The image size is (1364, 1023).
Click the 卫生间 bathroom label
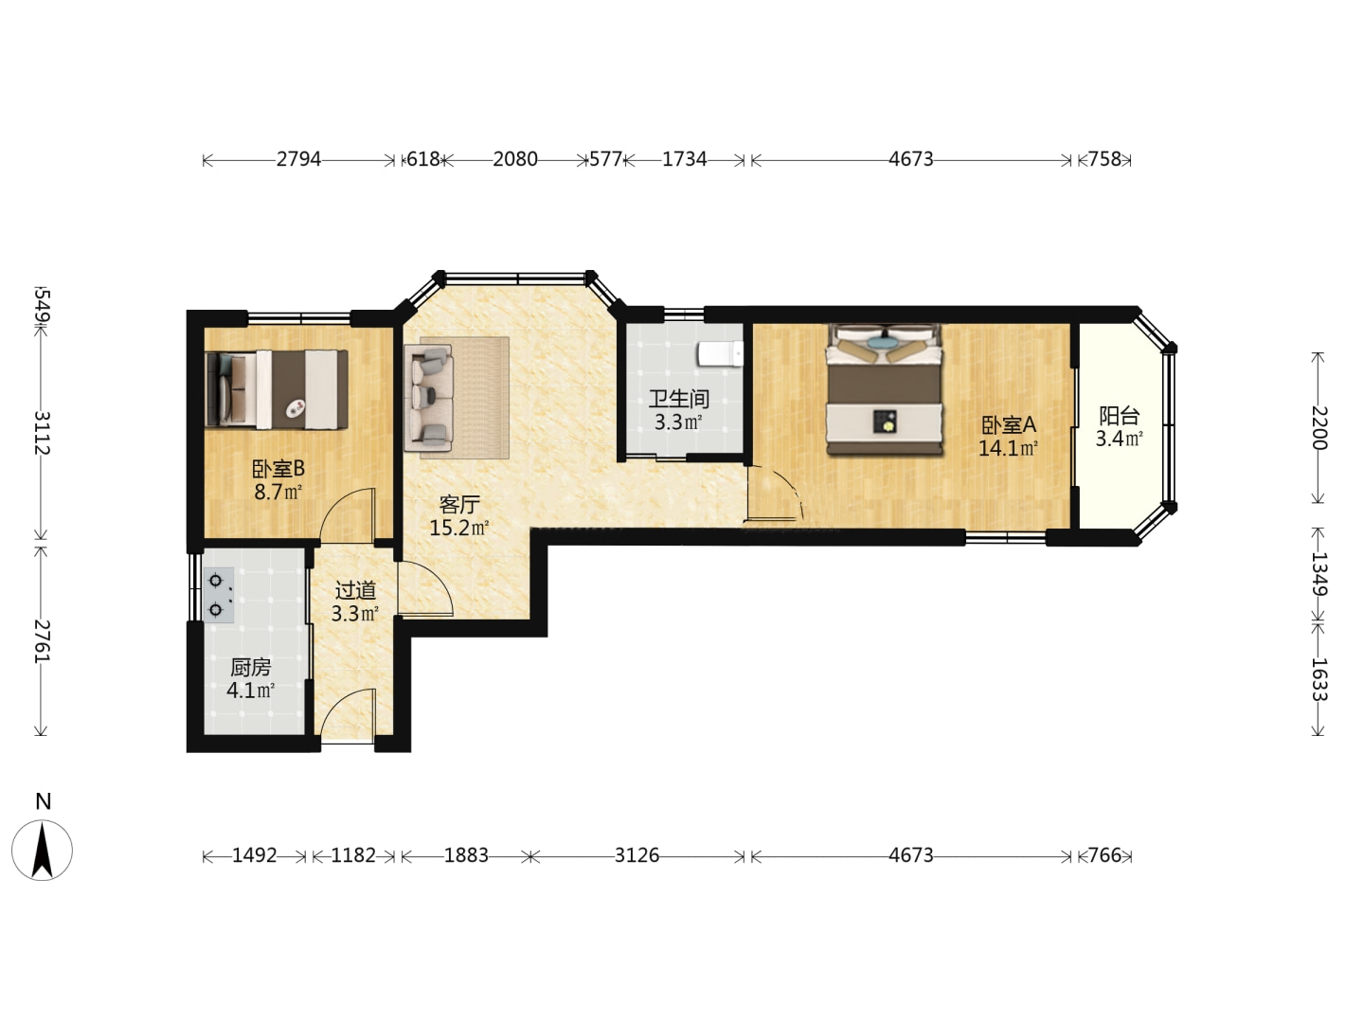pos(678,399)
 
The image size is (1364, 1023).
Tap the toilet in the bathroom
pos(720,354)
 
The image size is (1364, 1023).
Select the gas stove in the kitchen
pos(219,595)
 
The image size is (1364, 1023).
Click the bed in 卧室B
pos(277,389)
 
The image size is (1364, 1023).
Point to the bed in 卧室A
pos(885,388)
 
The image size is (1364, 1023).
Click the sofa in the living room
pos(428,398)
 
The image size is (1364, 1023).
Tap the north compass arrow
pos(43,850)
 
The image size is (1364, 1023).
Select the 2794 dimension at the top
pos(298,160)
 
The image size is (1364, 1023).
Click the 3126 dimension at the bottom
pos(637,856)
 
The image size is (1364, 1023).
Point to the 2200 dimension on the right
pos(1318,428)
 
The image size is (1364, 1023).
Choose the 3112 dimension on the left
pos(43,433)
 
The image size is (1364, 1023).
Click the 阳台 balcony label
pos(1120,416)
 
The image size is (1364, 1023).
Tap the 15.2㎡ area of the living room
pos(459,529)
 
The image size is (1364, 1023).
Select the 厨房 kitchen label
pos(250,668)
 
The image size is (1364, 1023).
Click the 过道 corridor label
pos(355,591)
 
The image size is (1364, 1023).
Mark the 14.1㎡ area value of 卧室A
pos(1008,448)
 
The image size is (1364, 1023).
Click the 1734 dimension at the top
pos(684,160)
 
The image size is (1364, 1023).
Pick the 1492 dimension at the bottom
pos(254,856)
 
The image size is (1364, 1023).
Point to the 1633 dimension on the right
pos(1318,679)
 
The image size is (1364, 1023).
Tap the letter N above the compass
pos(43,802)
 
